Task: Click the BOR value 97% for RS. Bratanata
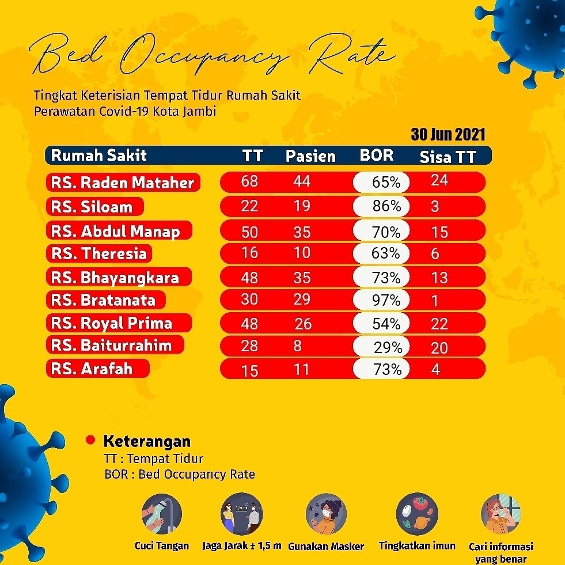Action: click(x=386, y=300)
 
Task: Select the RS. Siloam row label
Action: click(x=92, y=207)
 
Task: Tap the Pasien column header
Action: click(x=310, y=156)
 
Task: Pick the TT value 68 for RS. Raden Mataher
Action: click(x=249, y=181)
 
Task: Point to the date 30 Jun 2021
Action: click(x=448, y=135)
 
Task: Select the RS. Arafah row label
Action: click(x=92, y=368)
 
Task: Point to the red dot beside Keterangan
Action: click(x=90, y=440)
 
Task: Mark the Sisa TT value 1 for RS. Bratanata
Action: click(x=435, y=301)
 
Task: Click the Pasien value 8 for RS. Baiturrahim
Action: click(x=297, y=346)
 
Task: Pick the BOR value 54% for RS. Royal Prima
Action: click(x=386, y=324)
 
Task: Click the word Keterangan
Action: click(x=147, y=442)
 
